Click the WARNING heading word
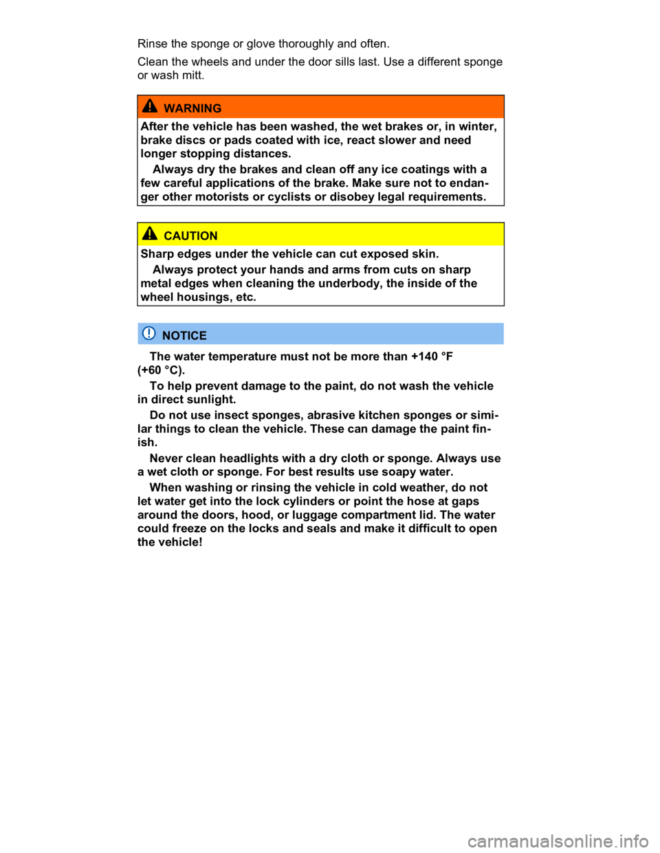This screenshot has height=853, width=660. (192, 109)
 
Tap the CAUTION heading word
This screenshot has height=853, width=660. (190, 236)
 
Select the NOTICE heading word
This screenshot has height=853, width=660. (184, 336)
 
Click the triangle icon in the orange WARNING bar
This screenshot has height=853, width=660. (150, 106)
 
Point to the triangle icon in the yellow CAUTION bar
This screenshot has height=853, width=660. (150, 234)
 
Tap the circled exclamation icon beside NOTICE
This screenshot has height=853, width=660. (149, 333)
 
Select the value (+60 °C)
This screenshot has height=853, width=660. (161, 370)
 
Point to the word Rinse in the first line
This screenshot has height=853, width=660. (153, 43)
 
